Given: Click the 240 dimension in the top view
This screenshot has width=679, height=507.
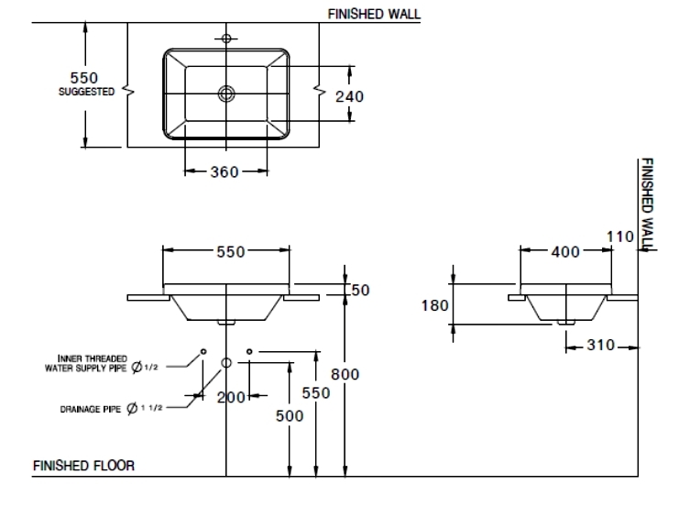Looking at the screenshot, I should [350, 96].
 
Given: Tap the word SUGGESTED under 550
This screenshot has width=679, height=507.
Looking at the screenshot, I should [88, 92].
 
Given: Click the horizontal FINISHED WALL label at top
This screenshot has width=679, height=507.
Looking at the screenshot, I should [374, 14].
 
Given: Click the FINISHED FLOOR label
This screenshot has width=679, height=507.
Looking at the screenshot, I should [83, 466].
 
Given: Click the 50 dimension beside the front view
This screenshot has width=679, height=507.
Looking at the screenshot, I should [360, 290].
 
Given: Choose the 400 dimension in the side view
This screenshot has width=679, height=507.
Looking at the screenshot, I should [564, 252].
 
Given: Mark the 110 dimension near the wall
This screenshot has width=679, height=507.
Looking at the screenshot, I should [620, 237].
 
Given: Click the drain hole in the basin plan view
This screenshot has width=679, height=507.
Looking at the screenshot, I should [226, 93].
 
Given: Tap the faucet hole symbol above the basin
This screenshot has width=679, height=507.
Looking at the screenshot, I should [226, 39].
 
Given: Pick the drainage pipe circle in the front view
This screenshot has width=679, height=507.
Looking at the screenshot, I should [226, 363].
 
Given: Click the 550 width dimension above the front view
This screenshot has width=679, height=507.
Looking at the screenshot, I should [229, 253].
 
